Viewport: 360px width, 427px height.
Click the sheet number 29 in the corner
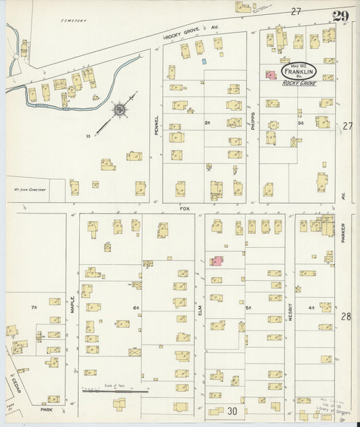340,16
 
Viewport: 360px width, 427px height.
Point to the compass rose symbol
119,109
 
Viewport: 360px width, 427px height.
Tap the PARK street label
46,409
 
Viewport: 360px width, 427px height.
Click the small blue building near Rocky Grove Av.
203,61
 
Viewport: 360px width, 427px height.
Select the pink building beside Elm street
216,261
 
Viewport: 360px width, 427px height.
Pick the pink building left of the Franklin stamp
270,75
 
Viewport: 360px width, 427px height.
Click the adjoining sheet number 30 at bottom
232,410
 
